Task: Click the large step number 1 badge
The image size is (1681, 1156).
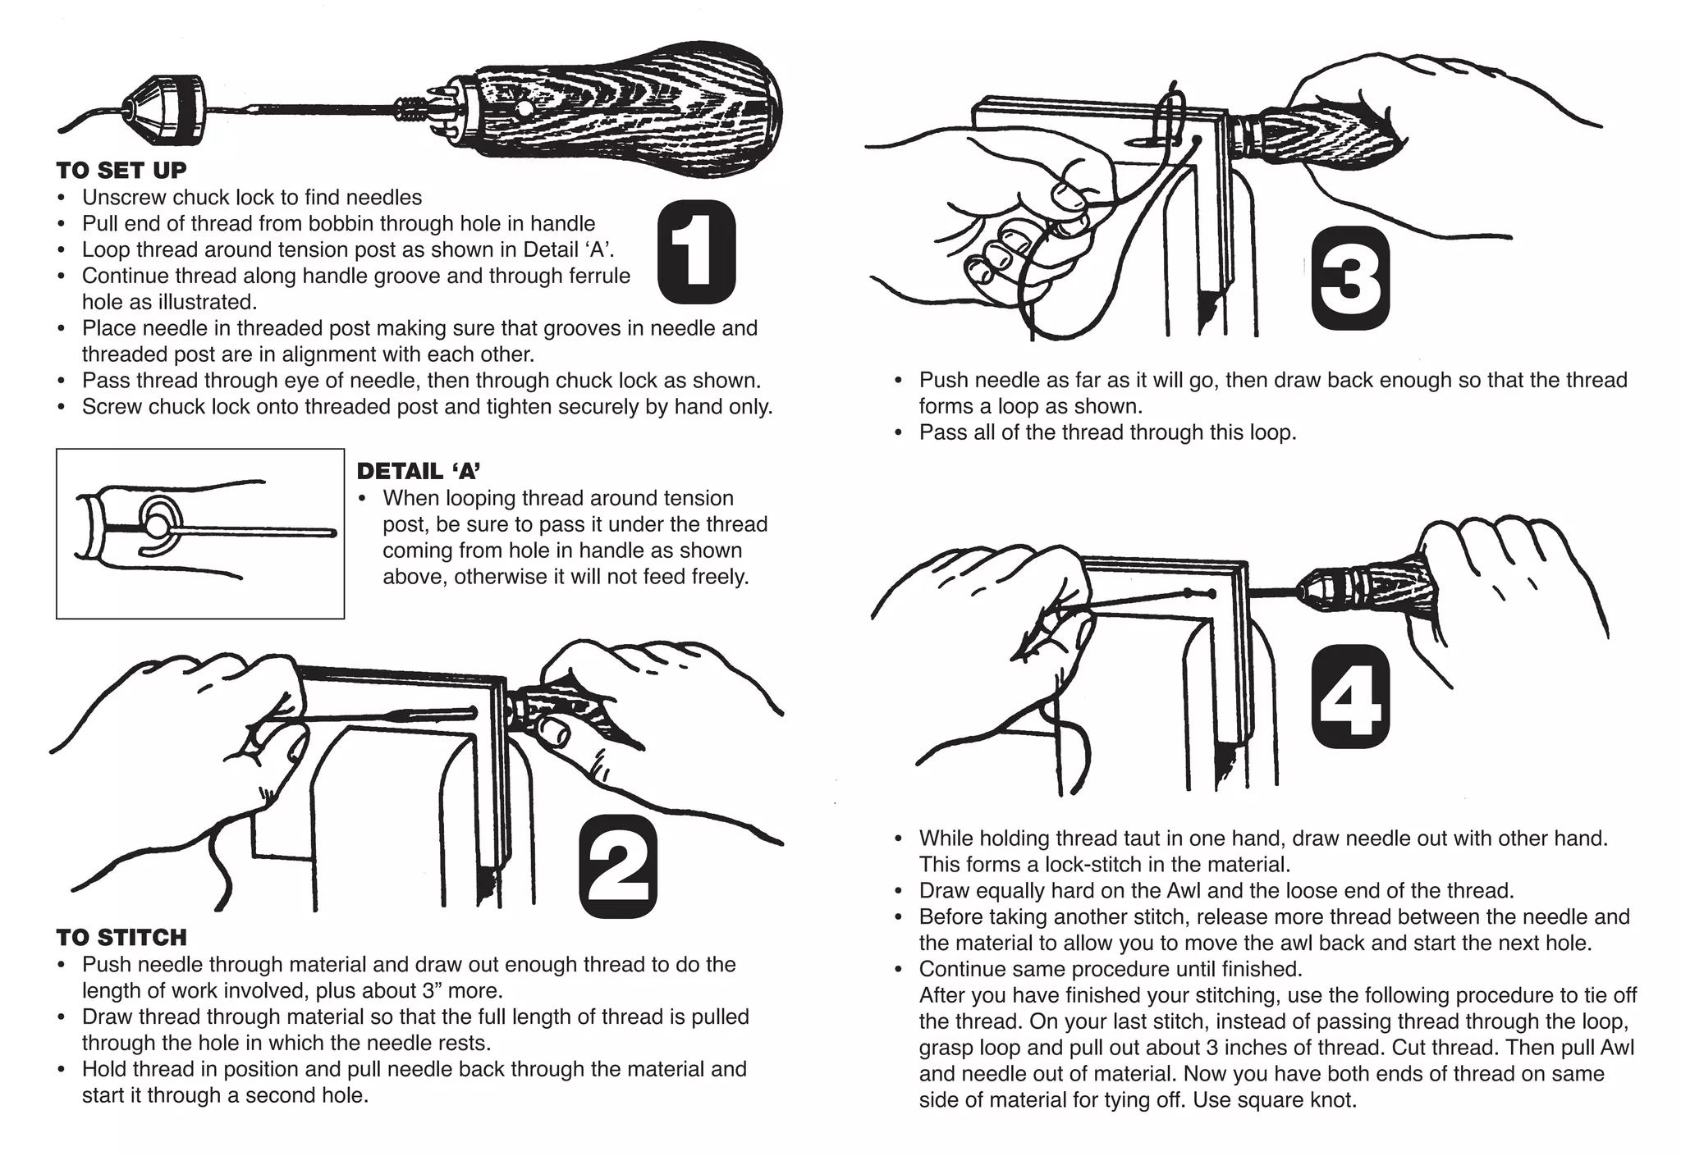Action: point(696,252)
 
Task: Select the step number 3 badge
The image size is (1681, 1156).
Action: point(1349,278)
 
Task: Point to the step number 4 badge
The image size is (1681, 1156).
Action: point(1349,697)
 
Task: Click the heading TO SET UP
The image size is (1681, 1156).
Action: point(121,171)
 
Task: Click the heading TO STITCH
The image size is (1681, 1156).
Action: point(121,937)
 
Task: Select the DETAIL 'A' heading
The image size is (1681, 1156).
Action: point(418,471)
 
